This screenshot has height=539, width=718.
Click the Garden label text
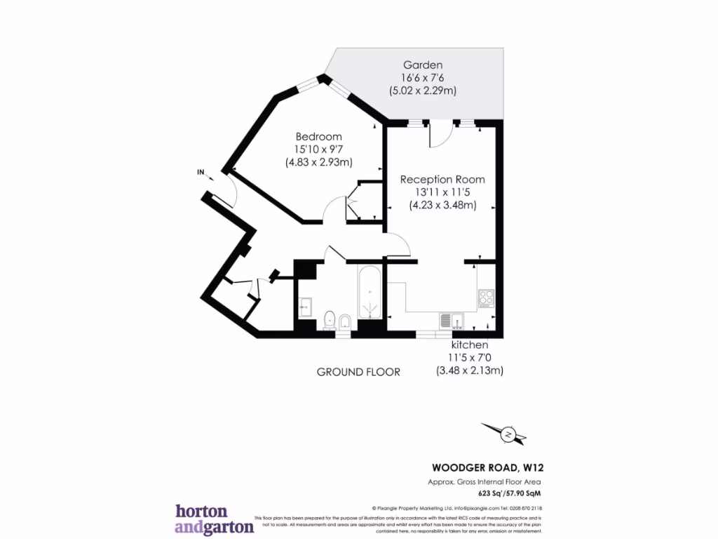tap(422, 65)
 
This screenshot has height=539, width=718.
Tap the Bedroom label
tap(318, 136)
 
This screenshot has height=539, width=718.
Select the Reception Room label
tap(442, 180)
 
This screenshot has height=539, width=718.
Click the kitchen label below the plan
tap(469, 345)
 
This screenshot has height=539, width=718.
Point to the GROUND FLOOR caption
tap(358, 372)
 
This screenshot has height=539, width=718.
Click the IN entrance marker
tap(201, 172)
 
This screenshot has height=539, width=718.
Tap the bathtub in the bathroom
tap(370, 293)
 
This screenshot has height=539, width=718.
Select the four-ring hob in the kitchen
tap(486, 298)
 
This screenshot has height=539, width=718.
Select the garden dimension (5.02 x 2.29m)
tap(422, 91)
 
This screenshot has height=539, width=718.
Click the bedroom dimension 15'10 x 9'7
tap(318, 149)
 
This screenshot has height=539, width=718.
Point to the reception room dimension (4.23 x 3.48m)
tap(442, 205)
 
